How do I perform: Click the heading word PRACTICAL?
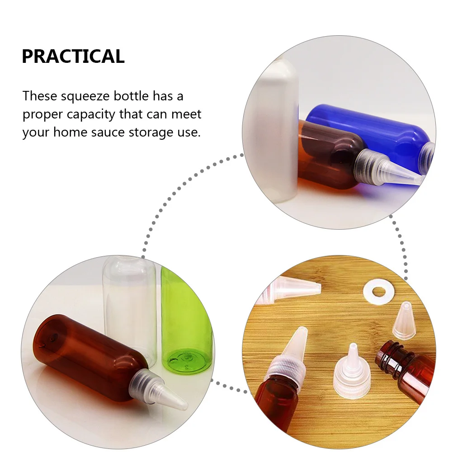click(x=73, y=57)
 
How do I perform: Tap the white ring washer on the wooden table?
click(x=374, y=288)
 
